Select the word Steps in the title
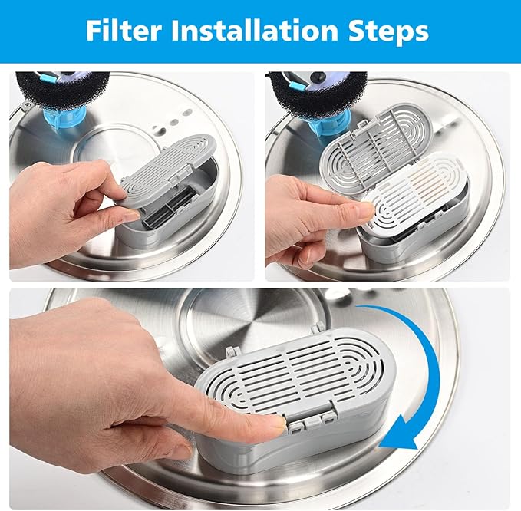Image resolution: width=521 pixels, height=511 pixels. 387,31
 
